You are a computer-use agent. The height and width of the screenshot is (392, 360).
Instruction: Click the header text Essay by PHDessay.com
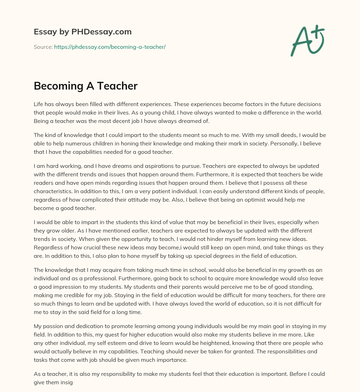83,32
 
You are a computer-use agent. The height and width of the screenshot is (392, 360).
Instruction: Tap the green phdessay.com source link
110,47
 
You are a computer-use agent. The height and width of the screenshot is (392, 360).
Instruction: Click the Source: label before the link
43,47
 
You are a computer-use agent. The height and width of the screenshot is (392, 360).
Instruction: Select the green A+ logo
307,40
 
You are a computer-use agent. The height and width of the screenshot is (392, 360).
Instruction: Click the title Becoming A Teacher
85,86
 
